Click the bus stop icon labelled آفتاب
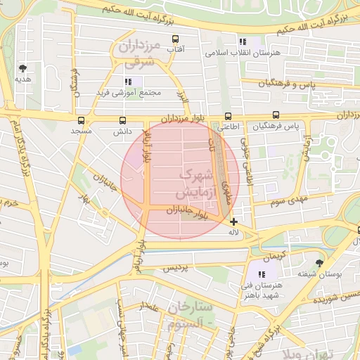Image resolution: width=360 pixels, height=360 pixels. [x=174, y=39]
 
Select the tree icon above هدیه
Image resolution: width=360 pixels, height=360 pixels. [x=23, y=68]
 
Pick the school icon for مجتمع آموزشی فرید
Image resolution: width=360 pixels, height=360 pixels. [x=128, y=82]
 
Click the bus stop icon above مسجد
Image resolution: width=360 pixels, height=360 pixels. [x=81, y=120]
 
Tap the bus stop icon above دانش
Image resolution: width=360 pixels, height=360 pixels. [x=122, y=120]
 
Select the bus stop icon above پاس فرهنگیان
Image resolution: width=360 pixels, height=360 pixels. [x=276, y=116]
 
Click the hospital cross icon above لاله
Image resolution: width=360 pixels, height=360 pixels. [x=233, y=221]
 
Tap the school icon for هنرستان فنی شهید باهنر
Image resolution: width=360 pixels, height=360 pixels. [x=262, y=274]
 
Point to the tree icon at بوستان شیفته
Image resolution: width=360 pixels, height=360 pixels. [x=320, y=263]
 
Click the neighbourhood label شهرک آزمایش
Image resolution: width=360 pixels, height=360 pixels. [x=194, y=182]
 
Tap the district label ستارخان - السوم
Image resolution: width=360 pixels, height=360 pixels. [x=190, y=317]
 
